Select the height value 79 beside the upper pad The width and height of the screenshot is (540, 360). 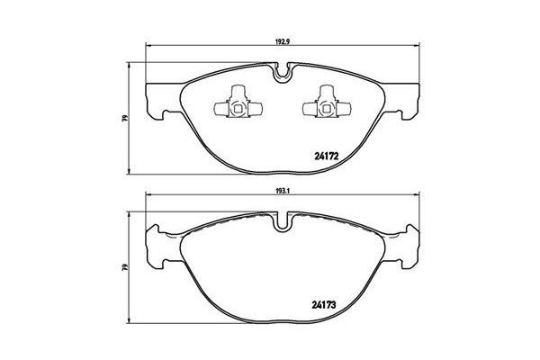[x=126, y=118]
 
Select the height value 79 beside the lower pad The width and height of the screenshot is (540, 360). [x=126, y=266]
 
